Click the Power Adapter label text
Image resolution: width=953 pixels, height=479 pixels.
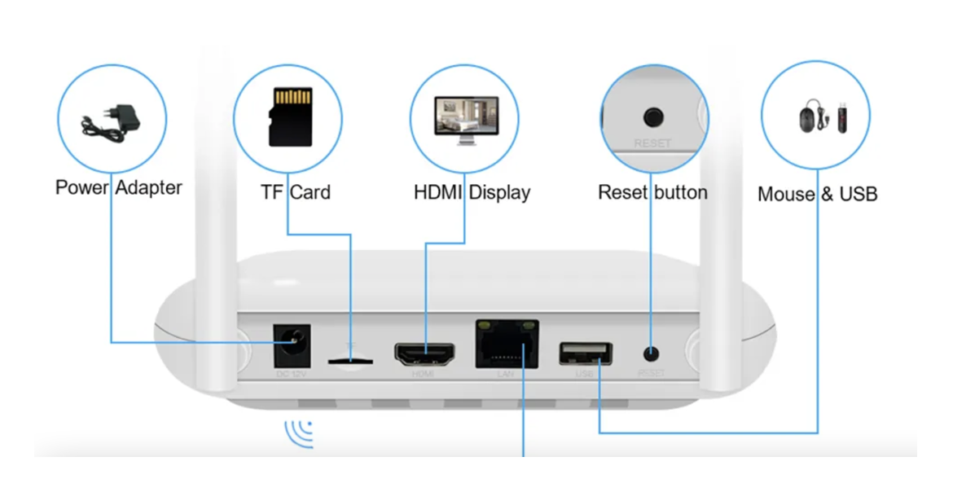[119, 187]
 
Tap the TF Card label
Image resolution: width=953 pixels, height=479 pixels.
[295, 193]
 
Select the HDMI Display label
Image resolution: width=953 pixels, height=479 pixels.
[472, 193]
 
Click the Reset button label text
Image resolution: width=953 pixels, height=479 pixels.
[652, 193]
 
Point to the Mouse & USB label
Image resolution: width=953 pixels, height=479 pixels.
[817, 194]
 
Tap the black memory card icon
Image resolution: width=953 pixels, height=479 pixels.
[290, 117]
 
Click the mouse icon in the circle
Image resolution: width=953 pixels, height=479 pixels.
[807, 119]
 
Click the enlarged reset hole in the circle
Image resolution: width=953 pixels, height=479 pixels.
[652, 117]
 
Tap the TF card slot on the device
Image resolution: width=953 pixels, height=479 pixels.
[350, 358]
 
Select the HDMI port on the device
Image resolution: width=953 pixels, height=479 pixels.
[424, 354]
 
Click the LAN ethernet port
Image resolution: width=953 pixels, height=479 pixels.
[507, 344]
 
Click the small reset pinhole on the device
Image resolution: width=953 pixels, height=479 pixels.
[651, 354]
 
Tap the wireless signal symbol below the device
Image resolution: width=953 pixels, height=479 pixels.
[299, 433]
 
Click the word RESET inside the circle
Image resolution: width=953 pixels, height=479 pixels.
[652, 143]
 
